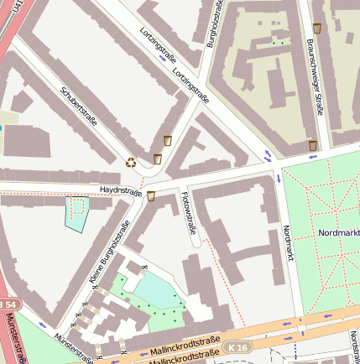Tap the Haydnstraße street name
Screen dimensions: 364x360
(x=120, y=191)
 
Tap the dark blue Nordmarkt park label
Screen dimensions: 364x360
(x=338, y=231)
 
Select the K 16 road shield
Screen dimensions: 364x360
(x=237, y=346)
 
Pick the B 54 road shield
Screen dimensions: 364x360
(x=7, y=303)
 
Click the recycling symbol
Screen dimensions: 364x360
(x=131, y=163)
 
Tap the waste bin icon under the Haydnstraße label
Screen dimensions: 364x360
(x=151, y=196)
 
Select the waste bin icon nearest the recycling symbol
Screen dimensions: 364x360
(x=157, y=159)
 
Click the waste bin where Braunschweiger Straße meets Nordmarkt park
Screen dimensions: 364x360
(x=313, y=146)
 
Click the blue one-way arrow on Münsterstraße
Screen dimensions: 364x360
(x=43, y=324)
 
